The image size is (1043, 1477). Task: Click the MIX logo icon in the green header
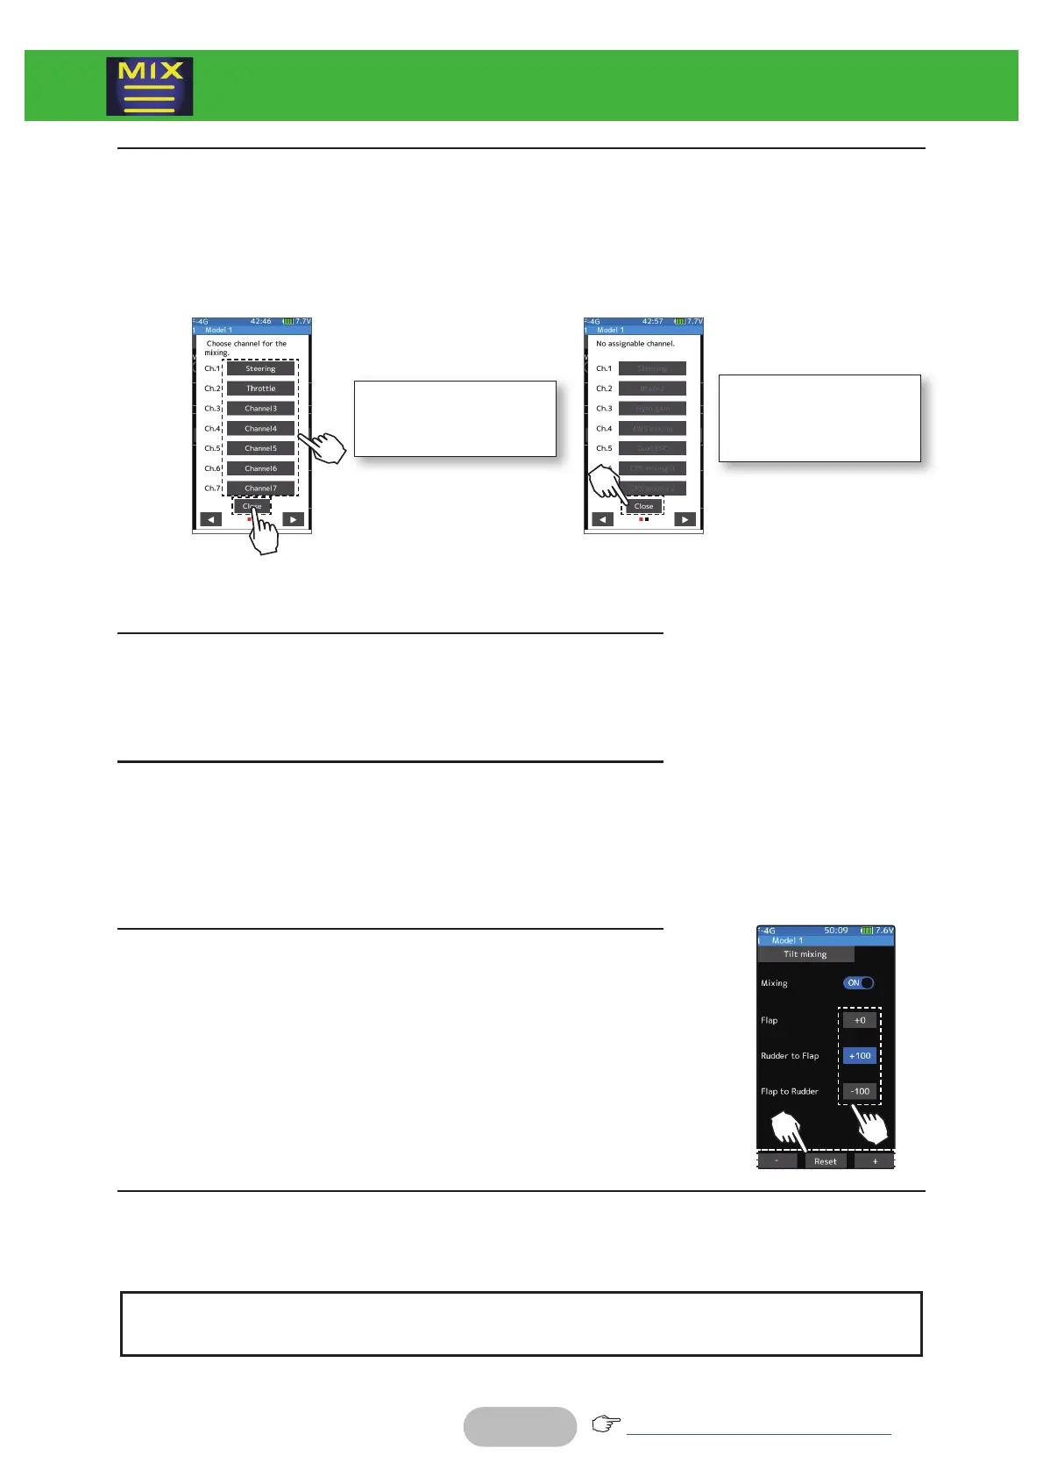point(150,87)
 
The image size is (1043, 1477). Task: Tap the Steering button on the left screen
point(260,368)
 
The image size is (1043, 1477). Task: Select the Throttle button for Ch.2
point(260,389)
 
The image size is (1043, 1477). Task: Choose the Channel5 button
point(260,448)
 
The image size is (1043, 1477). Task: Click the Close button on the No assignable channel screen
point(643,506)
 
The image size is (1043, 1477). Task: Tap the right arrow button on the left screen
point(293,519)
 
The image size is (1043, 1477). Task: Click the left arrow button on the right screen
point(602,519)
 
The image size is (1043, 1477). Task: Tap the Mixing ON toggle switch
point(858,983)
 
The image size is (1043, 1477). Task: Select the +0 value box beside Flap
point(860,1020)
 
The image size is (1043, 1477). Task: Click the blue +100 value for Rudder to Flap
point(860,1056)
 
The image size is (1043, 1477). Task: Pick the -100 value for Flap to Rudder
point(860,1092)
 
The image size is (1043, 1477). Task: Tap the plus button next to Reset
point(874,1161)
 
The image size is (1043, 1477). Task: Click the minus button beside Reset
point(777,1161)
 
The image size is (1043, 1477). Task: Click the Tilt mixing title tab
point(805,954)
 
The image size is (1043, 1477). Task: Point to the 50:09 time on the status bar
point(835,931)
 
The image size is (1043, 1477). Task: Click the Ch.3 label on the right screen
point(604,409)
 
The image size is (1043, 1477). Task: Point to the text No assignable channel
point(635,344)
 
